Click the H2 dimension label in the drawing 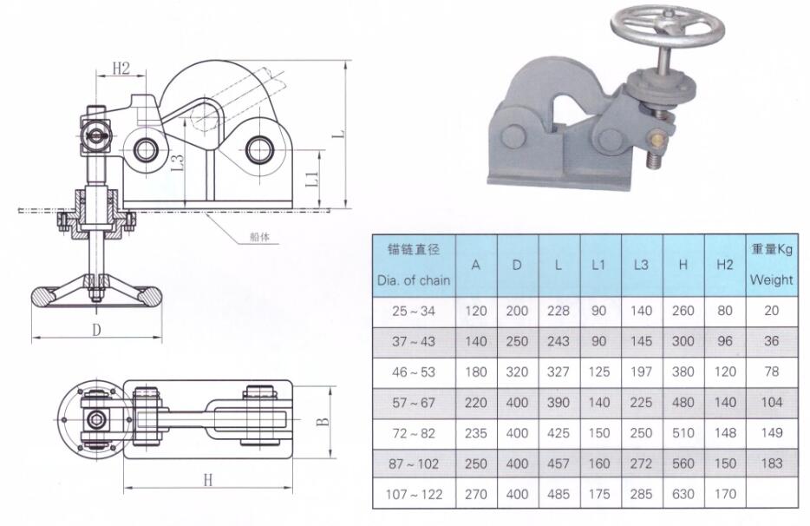121,68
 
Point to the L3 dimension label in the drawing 177,163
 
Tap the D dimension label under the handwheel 96,330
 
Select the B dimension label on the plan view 323,421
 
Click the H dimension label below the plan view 207,480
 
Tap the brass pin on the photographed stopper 657,138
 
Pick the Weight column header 771,265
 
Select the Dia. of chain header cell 414,266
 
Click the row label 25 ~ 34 414,312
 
